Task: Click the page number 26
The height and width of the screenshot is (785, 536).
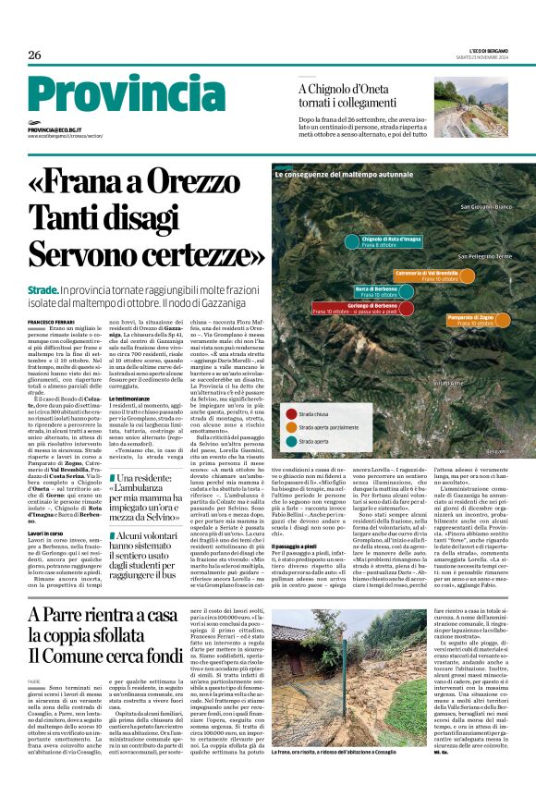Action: (35, 55)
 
